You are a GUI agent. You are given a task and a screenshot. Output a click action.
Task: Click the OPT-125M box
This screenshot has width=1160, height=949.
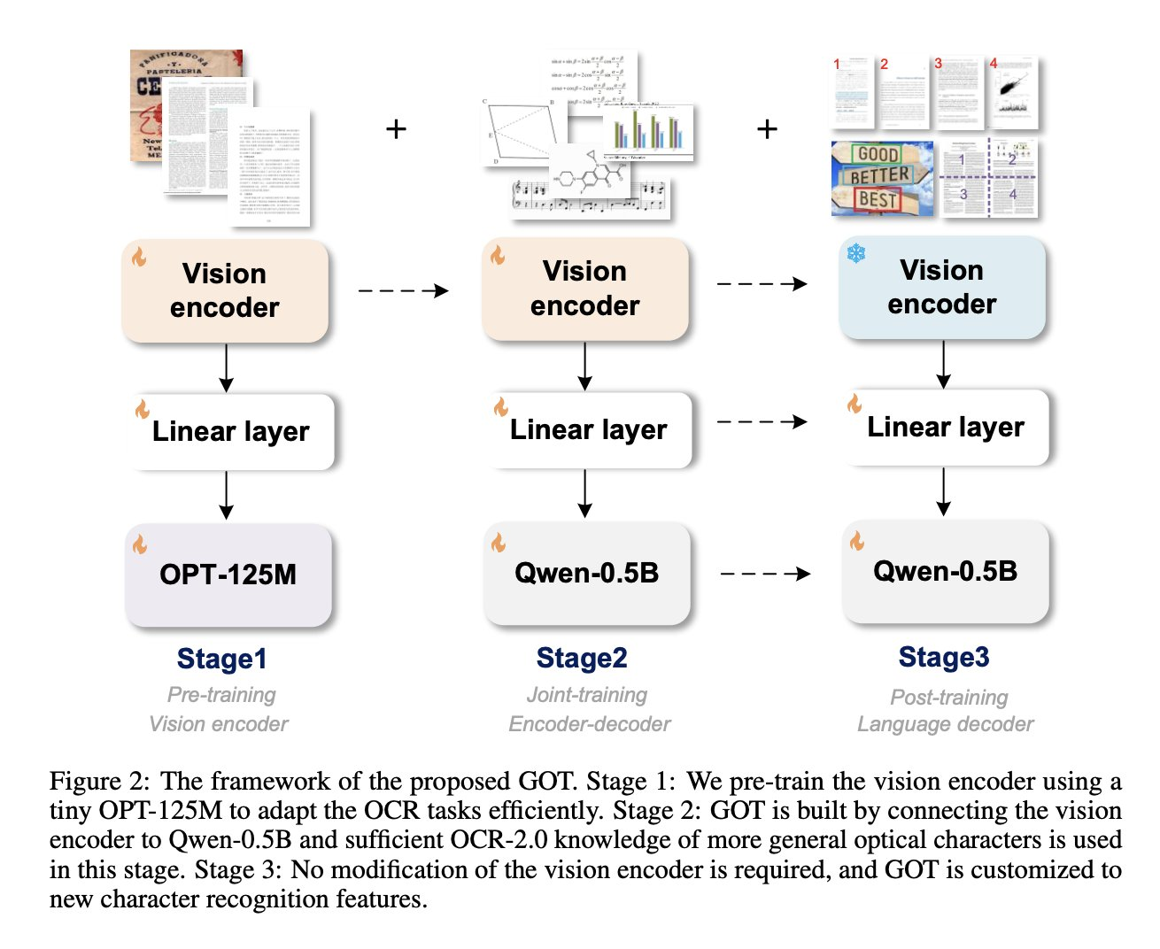[x=228, y=575]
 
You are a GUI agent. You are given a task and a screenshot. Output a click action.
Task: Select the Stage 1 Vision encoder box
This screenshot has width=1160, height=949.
[x=225, y=290]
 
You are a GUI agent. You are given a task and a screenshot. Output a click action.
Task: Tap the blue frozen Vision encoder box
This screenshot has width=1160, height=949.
[x=942, y=287]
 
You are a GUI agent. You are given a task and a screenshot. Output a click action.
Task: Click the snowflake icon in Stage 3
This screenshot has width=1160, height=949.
[x=856, y=254]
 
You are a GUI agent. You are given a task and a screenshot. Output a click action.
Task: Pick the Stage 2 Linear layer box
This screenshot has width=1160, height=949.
[x=588, y=430]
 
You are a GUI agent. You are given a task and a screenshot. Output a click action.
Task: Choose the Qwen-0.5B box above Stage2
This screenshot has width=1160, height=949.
[x=586, y=574]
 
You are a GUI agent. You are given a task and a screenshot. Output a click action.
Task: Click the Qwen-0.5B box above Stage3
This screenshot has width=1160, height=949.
[x=945, y=572]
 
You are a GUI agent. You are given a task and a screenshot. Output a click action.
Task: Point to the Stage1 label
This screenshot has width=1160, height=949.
[x=221, y=659]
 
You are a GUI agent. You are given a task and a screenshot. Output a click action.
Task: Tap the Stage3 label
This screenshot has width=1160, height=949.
[x=944, y=657]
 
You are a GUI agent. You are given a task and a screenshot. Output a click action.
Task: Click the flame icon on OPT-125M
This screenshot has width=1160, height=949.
[x=140, y=544]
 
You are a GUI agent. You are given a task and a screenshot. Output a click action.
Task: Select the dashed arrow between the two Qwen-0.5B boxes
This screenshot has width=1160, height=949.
[x=765, y=574]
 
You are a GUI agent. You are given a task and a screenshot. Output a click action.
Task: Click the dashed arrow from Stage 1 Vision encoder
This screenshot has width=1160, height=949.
[x=403, y=290]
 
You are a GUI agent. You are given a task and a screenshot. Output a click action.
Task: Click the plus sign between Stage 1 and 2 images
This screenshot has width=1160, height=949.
[x=396, y=129]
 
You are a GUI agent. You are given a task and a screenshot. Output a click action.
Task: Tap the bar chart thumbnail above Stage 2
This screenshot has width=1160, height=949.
[x=648, y=131]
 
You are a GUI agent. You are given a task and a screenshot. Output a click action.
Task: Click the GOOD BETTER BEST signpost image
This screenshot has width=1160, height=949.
[x=881, y=178]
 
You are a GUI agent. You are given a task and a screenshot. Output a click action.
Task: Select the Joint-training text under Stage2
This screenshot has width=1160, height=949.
[x=587, y=695]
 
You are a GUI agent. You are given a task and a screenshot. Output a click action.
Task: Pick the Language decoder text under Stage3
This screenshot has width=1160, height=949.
[x=945, y=724]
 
